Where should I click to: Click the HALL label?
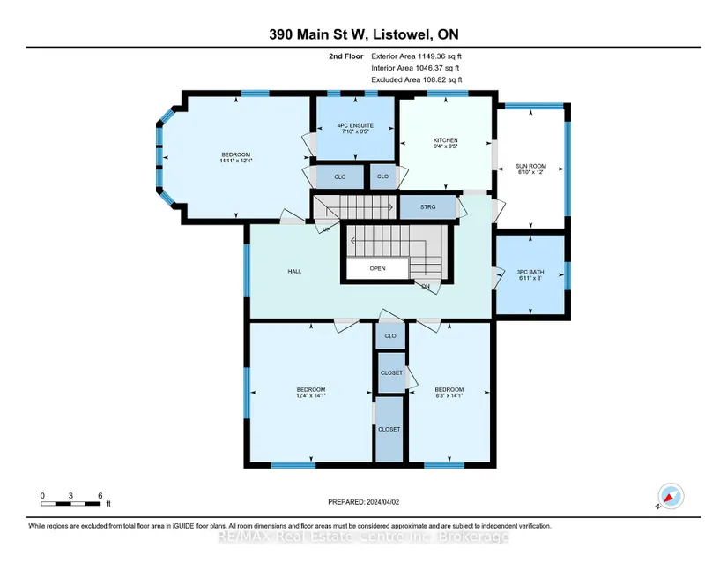294,272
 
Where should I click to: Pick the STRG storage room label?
428,207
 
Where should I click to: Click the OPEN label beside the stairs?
377,268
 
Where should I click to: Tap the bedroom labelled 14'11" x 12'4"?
236,158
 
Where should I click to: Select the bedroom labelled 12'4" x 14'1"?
311,393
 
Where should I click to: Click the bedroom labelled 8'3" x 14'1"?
449,393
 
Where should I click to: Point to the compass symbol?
671,496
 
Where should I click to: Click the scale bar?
70,504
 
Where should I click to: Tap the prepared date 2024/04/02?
383,502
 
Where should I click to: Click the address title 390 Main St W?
318,34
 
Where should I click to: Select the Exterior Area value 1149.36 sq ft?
440,56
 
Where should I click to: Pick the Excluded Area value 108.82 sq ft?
442,79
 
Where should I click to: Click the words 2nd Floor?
346,56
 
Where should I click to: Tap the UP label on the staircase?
326,229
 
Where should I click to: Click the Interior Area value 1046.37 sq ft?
437,68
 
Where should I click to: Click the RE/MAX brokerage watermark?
363,537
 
